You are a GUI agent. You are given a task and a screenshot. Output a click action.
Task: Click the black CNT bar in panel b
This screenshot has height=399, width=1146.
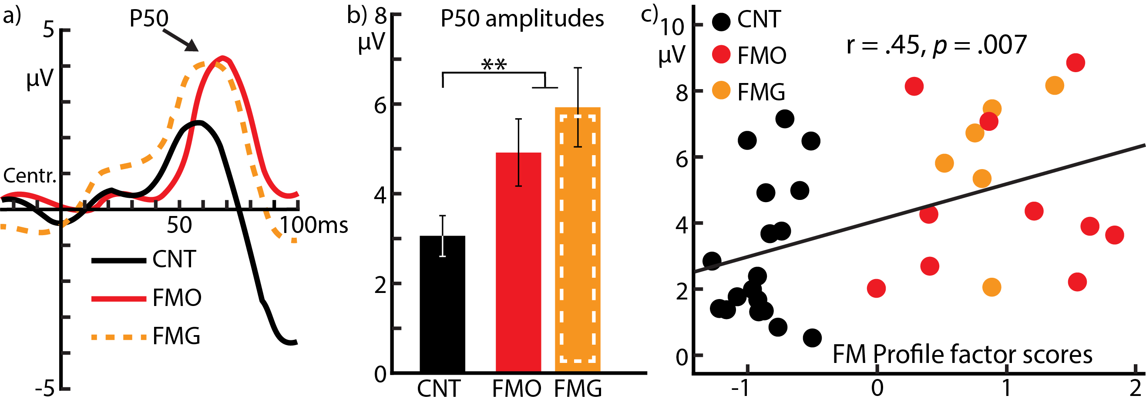pyautogui.click(x=442, y=306)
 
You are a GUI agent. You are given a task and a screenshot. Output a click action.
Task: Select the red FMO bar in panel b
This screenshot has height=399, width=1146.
pyautogui.click(x=518, y=266)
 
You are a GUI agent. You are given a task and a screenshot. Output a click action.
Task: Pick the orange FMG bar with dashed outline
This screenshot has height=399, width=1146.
pyautogui.click(x=578, y=240)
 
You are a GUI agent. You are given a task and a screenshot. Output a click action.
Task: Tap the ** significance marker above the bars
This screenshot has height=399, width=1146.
pyautogui.click(x=494, y=65)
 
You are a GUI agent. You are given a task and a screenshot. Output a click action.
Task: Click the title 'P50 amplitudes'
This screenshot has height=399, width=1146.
pyautogui.click(x=522, y=19)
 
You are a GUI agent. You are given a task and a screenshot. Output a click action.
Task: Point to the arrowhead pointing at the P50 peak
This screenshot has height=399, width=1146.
pyautogui.click(x=192, y=45)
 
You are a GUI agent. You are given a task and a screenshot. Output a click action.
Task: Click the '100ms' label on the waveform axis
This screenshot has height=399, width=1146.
pyautogui.click(x=314, y=225)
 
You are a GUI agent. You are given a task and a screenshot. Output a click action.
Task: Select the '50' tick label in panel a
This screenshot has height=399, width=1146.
pyautogui.click(x=179, y=225)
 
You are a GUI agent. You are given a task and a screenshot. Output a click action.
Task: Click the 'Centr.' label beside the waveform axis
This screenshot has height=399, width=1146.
pyautogui.click(x=30, y=176)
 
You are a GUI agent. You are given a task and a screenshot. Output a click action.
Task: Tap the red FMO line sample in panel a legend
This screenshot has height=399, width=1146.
pyautogui.click(x=119, y=299)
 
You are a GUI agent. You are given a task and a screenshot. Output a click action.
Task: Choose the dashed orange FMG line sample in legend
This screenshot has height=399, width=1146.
pyautogui.click(x=119, y=337)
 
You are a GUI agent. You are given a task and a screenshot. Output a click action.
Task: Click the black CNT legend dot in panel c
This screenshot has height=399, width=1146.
pyautogui.click(x=721, y=21)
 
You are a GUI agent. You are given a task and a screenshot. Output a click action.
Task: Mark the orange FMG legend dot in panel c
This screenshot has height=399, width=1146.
pyautogui.click(x=721, y=91)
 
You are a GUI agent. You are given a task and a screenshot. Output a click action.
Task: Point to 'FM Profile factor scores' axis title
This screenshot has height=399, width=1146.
pyautogui.click(x=962, y=355)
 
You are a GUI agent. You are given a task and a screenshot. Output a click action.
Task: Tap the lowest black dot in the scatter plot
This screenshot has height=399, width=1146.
pyautogui.click(x=812, y=338)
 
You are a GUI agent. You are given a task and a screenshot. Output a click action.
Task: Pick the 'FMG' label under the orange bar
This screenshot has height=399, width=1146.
pyautogui.click(x=578, y=388)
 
